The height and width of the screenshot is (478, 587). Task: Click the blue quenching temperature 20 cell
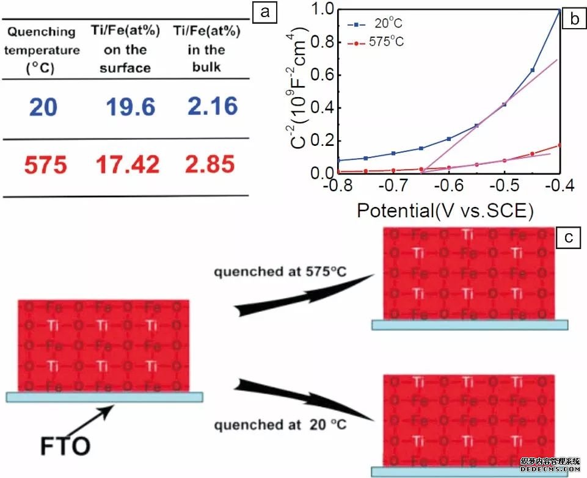point(42,107)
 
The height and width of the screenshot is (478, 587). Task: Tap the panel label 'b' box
point(574,19)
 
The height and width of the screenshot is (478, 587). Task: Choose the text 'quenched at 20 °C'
point(275,424)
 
